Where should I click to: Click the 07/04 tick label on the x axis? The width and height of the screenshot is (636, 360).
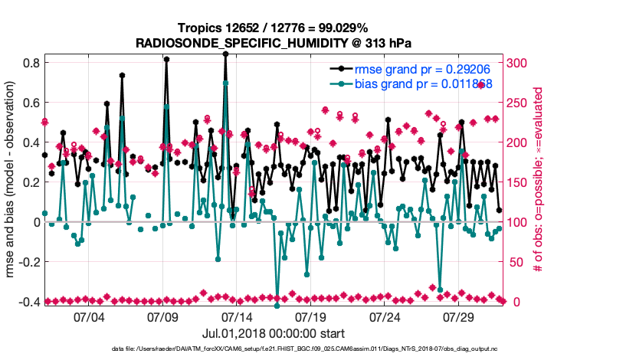click(x=89, y=316)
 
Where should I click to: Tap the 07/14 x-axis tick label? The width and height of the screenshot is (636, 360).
click(x=237, y=316)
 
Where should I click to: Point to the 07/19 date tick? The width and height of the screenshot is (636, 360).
click(x=311, y=316)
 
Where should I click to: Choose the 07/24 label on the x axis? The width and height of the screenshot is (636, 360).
click(x=385, y=316)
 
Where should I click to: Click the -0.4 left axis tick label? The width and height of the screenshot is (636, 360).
click(x=29, y=302)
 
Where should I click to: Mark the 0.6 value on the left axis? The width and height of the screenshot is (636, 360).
click(x=31, y=103)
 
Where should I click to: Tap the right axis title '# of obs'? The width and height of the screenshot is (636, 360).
click(x=538, y=179)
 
